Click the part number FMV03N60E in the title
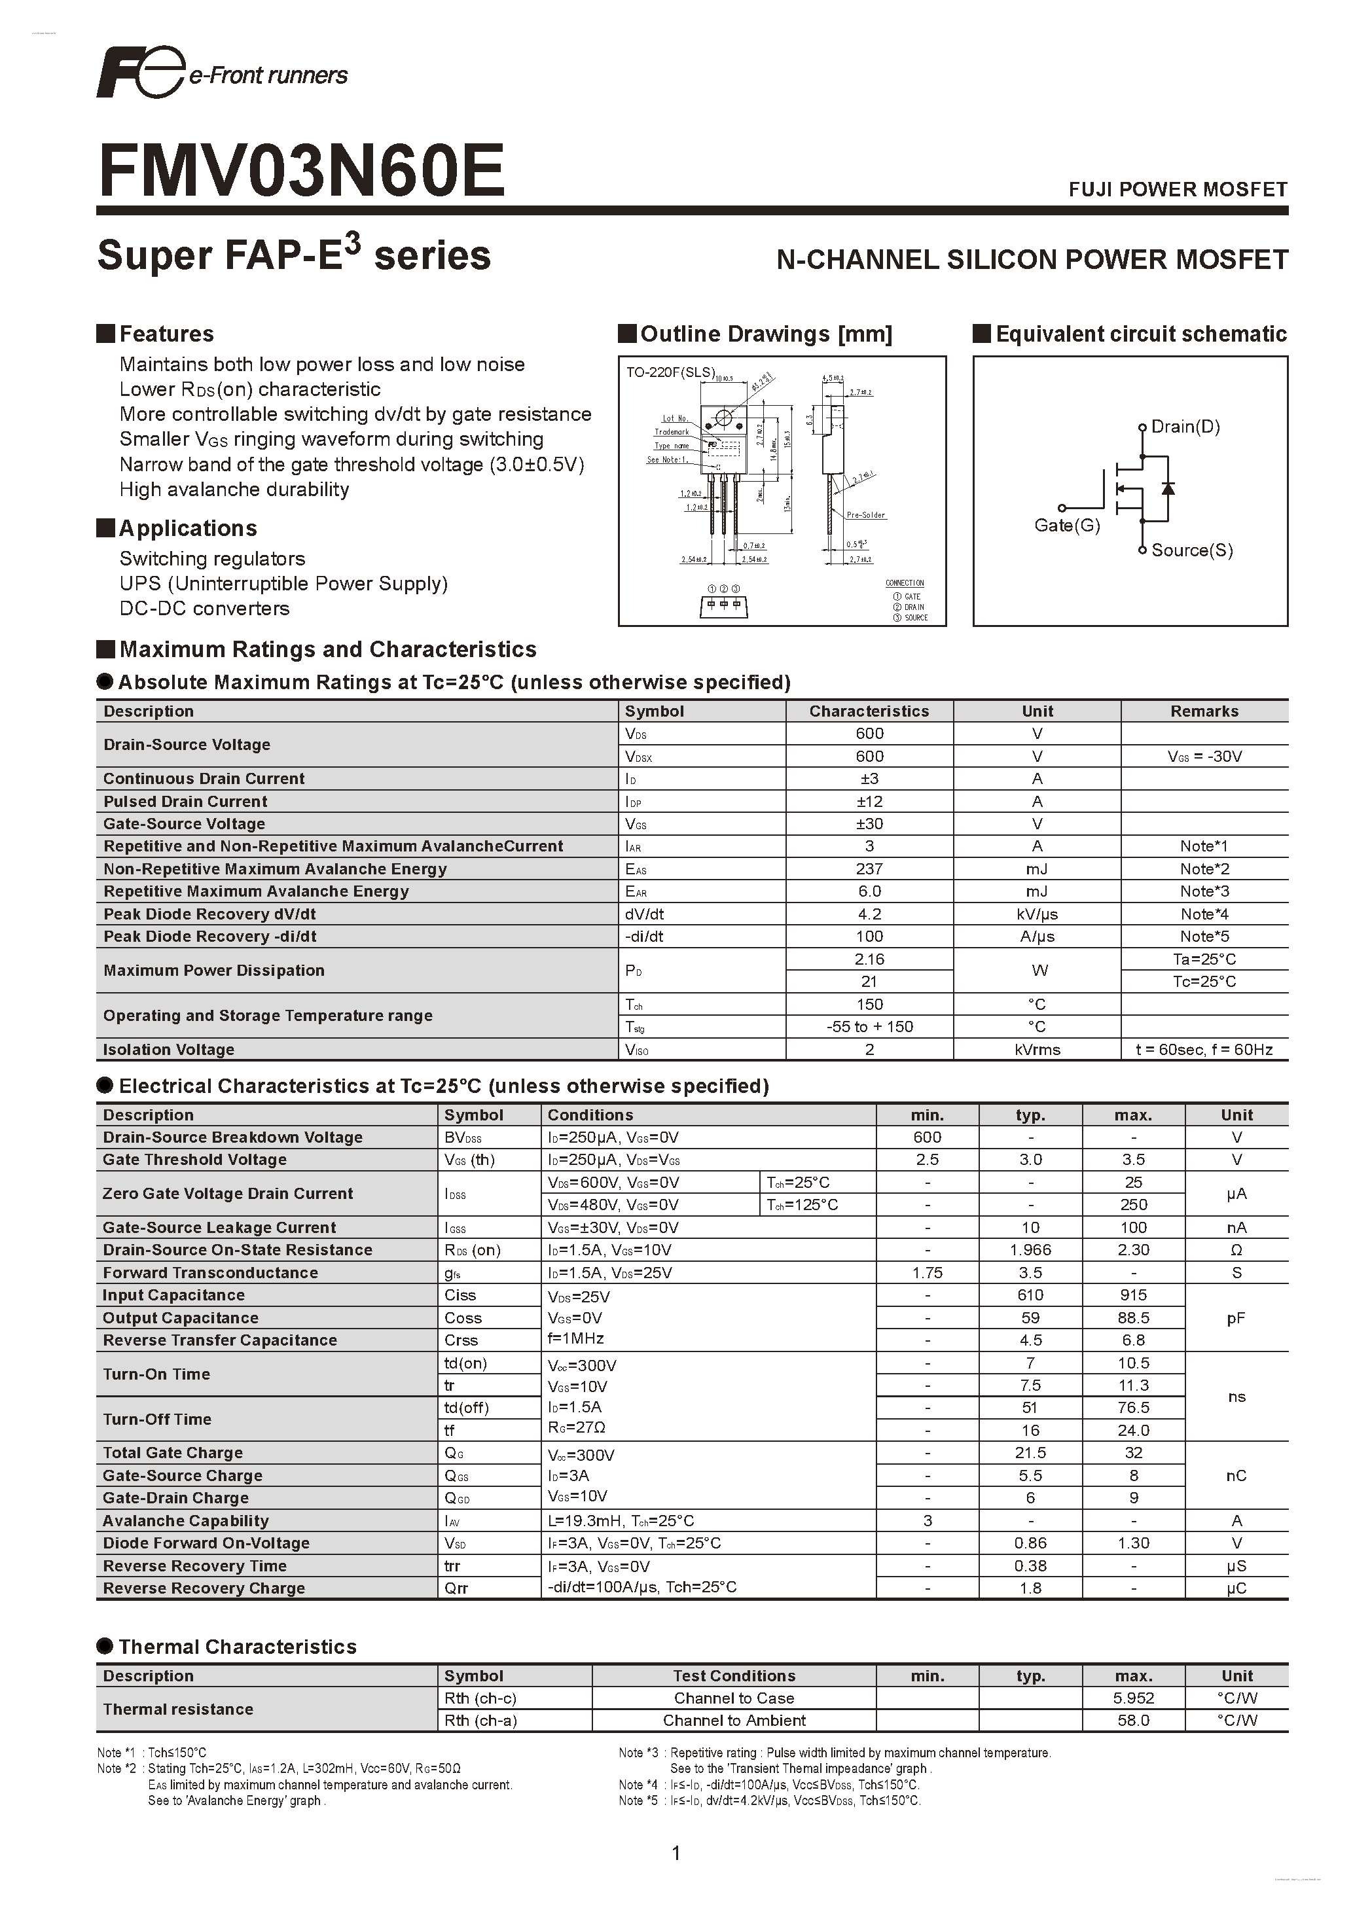tap(302, 171)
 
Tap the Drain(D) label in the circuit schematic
tap(1185, 427)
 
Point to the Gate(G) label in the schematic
tap(1066, 526)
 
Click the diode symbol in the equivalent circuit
tap(1168, 488)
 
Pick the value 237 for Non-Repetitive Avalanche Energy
tap(869, 869)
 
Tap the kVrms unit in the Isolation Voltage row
tap(1037, 1050)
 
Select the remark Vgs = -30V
tap(1204, 757)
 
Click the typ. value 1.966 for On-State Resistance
tap(1030, 1250)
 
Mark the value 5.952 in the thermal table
tap(1133, 1698)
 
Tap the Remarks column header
tap(1204, 711)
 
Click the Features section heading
tap(166, 334)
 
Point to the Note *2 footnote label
tap(116, 1768)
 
